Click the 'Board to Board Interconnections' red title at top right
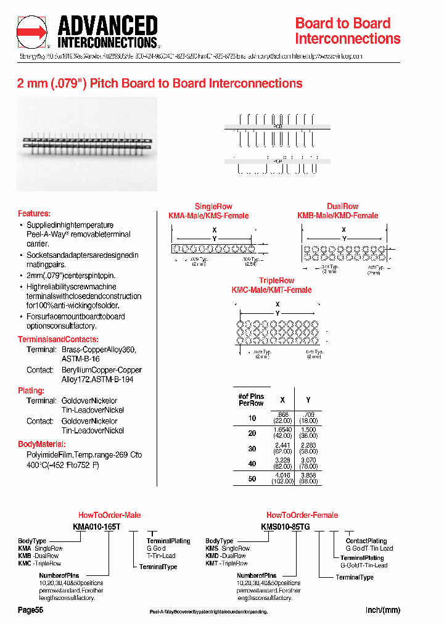coord(347,31)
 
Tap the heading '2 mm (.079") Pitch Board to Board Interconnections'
coord(160,83)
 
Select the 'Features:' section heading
coord(34,213)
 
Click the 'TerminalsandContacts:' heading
coord(58,340)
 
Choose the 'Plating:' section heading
coord(31,390)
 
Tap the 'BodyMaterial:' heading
coord(42,444)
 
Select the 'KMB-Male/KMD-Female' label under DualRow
coord(337,216)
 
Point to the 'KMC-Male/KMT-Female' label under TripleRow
coord(271,290)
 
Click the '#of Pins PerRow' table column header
coord(251,399)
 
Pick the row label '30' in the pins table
coord(252,449)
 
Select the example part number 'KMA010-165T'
coord(97,526)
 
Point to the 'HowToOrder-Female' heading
coord(302,515)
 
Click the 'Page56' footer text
coord(30,610)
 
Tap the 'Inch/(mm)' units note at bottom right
coord(383,610)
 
